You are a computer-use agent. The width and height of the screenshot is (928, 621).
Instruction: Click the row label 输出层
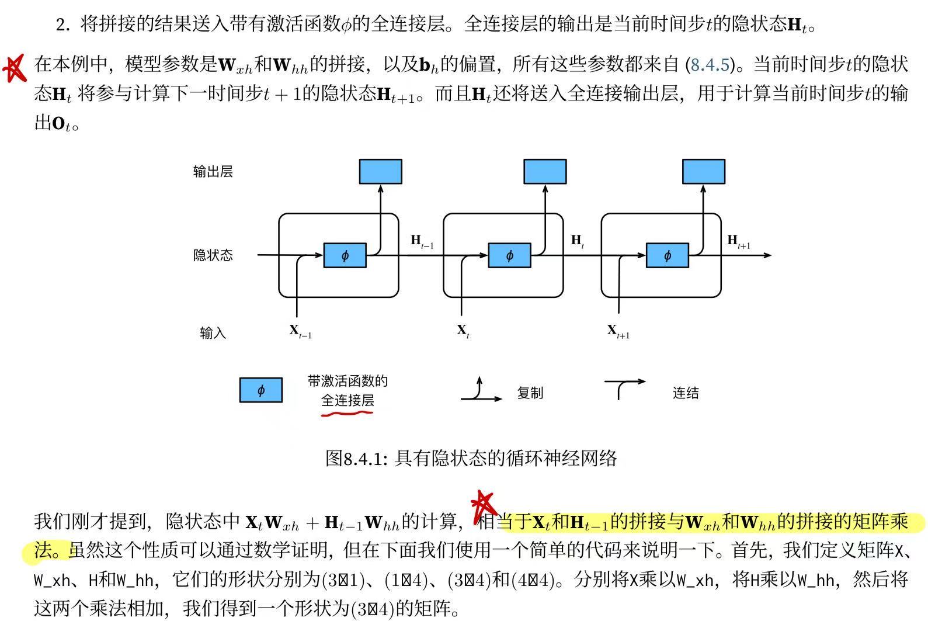tap(213, 172)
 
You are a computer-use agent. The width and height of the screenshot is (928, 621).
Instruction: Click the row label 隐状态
tap(213, 255)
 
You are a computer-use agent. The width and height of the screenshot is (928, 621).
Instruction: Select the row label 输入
tap(213, 333)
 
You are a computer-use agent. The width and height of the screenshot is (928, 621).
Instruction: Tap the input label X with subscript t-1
tap(300, 331)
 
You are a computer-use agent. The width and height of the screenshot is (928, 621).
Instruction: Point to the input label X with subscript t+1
tap(618, 331)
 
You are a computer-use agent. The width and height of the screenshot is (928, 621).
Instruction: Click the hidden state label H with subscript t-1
tap(422, 241)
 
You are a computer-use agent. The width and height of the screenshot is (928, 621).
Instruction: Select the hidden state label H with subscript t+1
tap(738, 241)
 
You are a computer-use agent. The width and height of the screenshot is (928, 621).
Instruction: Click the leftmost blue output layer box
tap(380, 172)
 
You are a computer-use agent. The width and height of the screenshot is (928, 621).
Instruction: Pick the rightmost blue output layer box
tap(704, 172)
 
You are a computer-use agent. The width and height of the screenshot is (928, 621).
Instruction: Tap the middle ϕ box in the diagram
tap(509, 256)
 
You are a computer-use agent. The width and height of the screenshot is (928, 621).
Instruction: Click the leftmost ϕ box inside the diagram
tap(345, 256)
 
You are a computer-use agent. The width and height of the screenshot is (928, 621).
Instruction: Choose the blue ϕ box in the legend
tap(260, 390)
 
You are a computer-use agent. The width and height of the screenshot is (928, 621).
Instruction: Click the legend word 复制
tap(530, 393)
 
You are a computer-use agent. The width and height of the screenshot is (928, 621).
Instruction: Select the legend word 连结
tap(685, 393)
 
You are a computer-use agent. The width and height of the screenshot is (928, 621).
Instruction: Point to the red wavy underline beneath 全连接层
tap(347, 414)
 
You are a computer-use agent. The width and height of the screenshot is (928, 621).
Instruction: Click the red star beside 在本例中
tap(15, 67)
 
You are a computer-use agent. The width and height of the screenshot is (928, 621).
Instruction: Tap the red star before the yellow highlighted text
tap(484, 504)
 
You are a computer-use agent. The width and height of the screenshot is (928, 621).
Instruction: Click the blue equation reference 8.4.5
tap(710, 64)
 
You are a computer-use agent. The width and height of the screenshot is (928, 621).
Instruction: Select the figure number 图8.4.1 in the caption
tap(356, 459)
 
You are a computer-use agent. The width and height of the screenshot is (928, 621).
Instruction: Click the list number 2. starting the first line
tap(63, 25)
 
